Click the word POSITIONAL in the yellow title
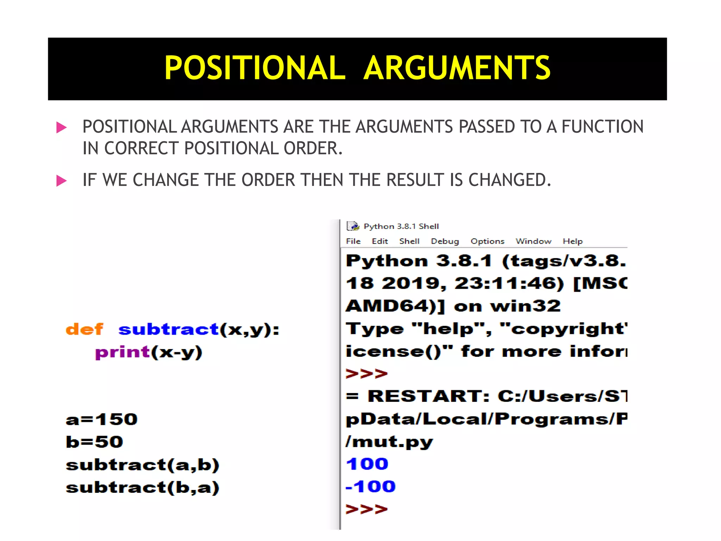(255, 68)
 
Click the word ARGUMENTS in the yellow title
(457, 68)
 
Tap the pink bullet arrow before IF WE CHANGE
(62, 181)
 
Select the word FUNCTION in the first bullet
(602, 127)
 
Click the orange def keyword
(84, 329)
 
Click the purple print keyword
(123, 352)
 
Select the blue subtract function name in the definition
(169, 329)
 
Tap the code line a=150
(101, 419)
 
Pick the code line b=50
(94, 442)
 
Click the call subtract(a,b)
(143, 465)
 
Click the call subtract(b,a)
(143, 488)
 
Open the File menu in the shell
(353, 241)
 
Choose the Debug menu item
(445, 241)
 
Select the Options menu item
(488, 241)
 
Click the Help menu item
(573, 241)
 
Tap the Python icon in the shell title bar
(353, 226)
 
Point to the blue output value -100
(371, 487)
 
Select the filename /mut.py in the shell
(389, 442)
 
